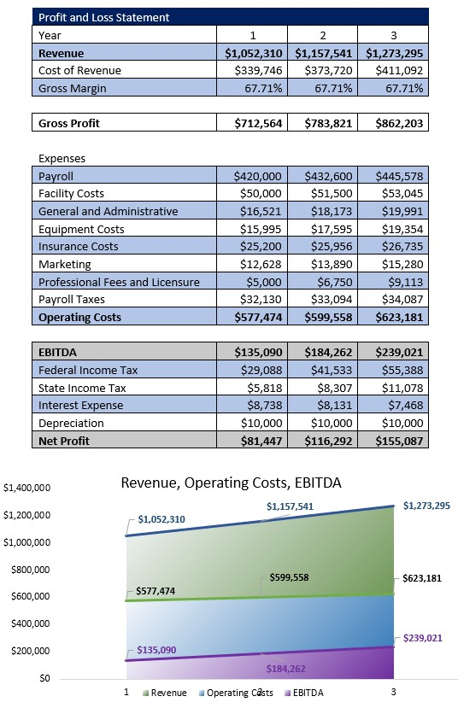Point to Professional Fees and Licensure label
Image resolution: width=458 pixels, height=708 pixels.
point(119,282)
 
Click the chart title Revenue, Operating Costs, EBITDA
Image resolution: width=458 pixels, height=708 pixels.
point(231,483)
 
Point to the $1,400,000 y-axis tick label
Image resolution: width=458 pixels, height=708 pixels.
point(27,489)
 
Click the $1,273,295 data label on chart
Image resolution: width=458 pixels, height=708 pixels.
point(426,506)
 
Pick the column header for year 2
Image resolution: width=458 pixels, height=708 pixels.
point(323,35)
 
